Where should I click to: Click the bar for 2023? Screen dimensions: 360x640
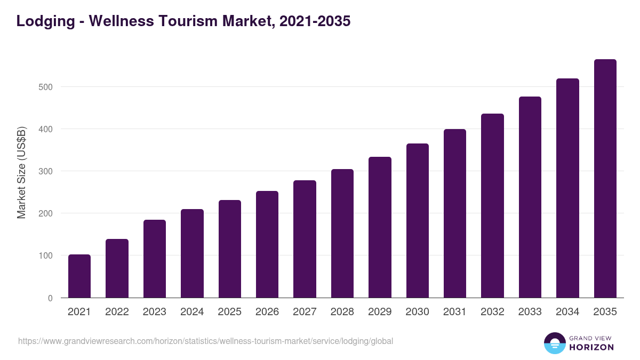(155, 259)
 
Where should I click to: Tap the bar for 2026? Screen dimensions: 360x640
(267, 244)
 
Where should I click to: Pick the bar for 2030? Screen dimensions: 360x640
(417, 221)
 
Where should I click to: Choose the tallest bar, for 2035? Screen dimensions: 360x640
(605, 179)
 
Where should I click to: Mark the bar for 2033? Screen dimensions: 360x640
(530, 197)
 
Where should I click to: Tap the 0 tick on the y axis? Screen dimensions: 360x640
(50, 298)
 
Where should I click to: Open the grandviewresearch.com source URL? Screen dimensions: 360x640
(205, 341)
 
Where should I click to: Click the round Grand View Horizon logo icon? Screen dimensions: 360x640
(555, 343)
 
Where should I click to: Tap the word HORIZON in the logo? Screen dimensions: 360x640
(591, 347)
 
